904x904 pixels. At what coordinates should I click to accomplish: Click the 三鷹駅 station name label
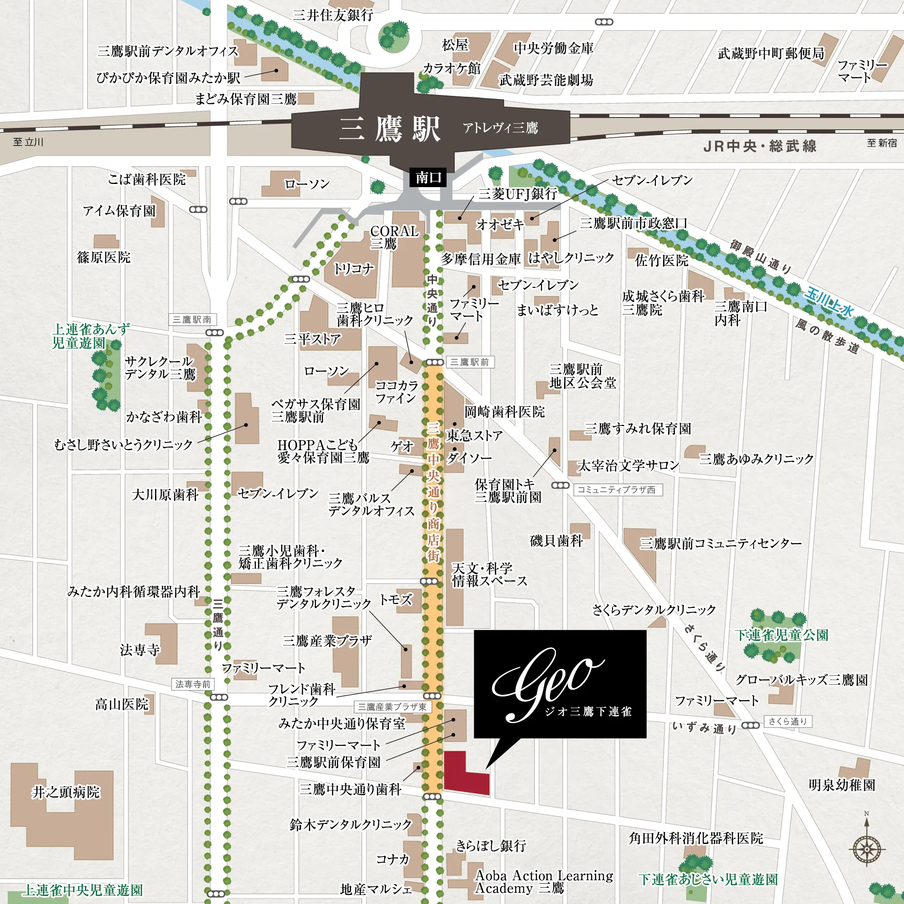click(390, 129)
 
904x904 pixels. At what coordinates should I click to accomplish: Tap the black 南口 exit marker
click(428, 177)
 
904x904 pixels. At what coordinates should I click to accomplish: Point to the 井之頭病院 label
click(66, 792)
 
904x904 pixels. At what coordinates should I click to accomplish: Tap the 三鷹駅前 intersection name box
click(470, 362)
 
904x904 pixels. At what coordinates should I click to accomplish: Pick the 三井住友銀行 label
click(333, 15)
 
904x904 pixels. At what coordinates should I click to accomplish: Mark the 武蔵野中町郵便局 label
click(771, 53)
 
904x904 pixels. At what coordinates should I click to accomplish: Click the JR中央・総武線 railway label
click(760, 146)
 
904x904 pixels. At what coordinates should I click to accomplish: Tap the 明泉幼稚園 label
click(842, 785)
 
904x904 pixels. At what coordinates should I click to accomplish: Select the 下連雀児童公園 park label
click(782, 635)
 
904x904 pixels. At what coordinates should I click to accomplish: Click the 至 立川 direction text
click(28, 142)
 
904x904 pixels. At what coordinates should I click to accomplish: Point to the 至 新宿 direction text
click(881, 143)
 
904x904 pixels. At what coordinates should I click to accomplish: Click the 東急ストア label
click(475, 436)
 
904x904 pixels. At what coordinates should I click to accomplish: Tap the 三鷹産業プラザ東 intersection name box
click(392, 707)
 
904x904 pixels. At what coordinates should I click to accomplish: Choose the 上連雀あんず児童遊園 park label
click(90, 335)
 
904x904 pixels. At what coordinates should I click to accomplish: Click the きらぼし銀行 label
click(491, 846)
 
